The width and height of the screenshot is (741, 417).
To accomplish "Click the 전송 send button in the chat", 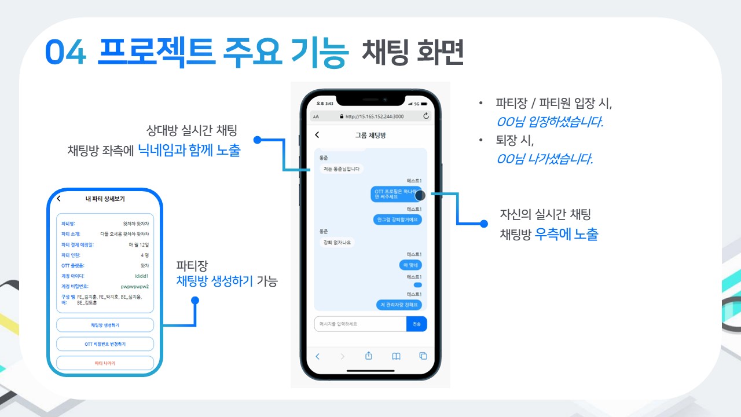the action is tap(417, 324).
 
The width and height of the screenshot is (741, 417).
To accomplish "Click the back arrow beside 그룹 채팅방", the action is tap(317, 135).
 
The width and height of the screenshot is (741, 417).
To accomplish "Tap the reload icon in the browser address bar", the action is tap(427, 116).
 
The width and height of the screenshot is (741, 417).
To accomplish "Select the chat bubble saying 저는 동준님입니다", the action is tap(341, 169).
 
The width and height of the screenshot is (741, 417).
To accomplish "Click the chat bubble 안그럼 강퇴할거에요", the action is tap(398, 220).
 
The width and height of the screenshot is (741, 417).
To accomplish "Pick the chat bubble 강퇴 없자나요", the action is tap(336, 242).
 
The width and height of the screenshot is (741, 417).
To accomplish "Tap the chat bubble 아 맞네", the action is tap(410, 265).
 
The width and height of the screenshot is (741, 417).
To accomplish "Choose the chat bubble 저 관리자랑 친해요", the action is tap(399, 305).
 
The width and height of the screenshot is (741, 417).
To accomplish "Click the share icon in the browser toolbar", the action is tap(368, 356).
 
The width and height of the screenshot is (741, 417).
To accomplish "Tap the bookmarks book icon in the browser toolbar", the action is tap(396, 356).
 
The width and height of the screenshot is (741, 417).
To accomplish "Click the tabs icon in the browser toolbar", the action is tap(423, 356).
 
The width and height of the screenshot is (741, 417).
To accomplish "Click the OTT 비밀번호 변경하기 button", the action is tap(105, 344).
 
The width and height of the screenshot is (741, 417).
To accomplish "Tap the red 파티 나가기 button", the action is tap(105, 363).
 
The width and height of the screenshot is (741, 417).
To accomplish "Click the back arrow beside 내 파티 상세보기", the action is tap(58, 199).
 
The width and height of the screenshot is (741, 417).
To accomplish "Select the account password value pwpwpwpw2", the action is tap(135, 286).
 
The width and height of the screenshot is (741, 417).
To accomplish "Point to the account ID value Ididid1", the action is tap(141, 276).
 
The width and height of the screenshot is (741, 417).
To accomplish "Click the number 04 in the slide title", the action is tap(65, 54).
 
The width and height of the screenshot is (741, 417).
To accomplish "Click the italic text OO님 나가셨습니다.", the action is tap(544, 159).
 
